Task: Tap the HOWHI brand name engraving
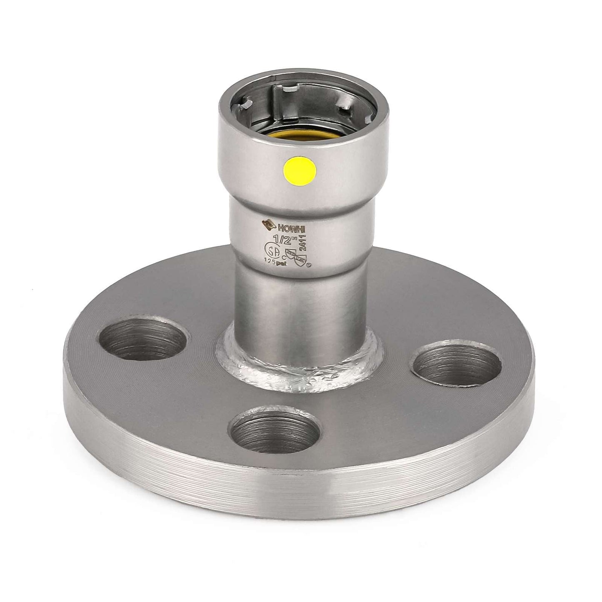tap(294, 223)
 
